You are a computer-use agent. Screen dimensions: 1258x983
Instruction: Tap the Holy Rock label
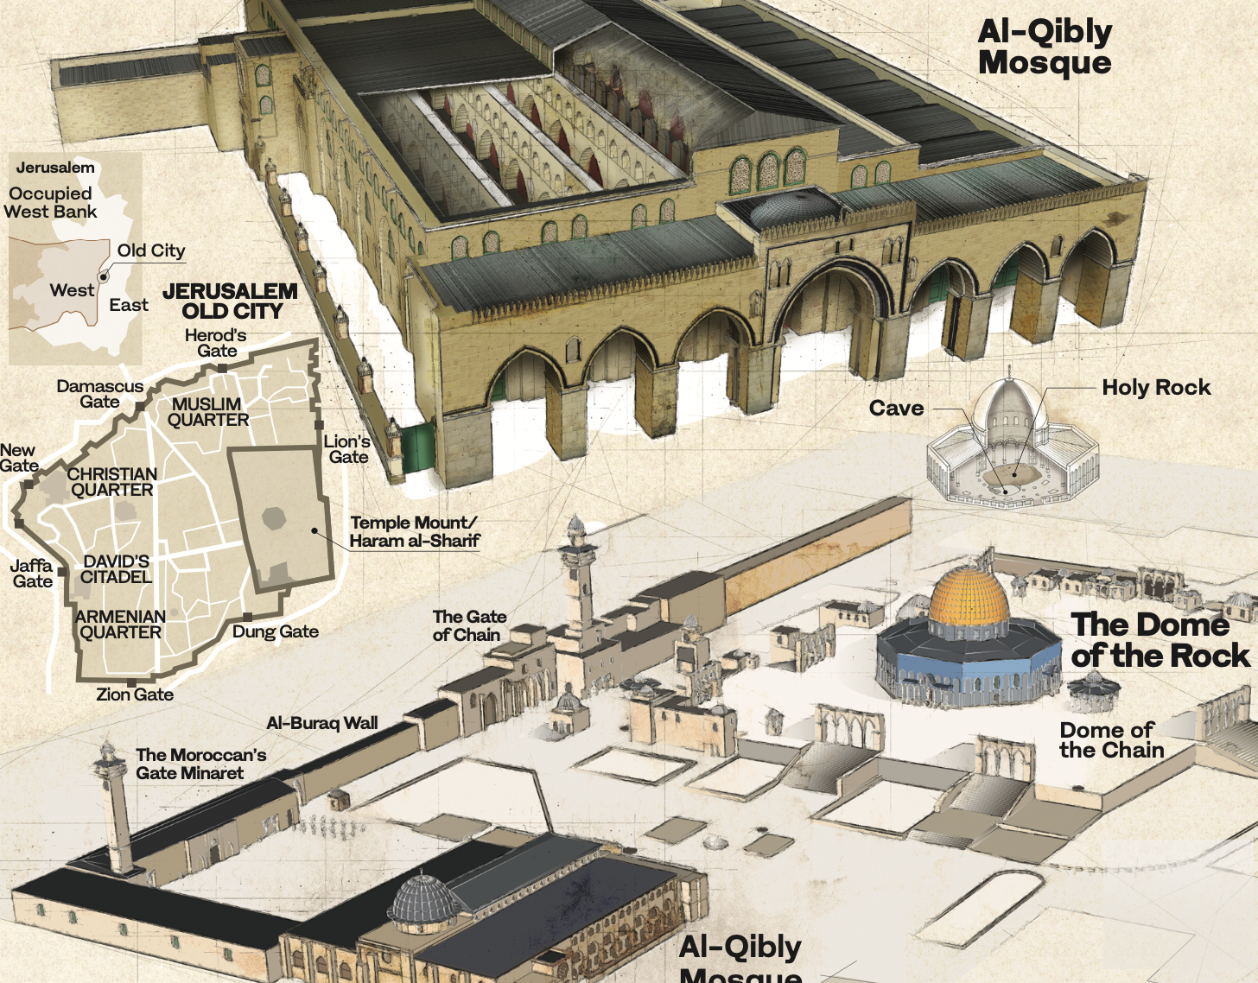click(x=1155, y=388)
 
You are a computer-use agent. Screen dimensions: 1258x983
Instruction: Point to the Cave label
click(x=896, y=409)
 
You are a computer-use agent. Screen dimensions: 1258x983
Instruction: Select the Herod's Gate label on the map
click(x=216, y=343)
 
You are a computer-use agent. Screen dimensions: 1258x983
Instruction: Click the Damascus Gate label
click(x=100, y=394)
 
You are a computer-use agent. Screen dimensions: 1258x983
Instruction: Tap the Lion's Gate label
click(x=347, y=449)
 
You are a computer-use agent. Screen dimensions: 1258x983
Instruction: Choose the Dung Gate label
click(x=276, y=631)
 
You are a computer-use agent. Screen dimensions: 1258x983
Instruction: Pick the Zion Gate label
click(x=135, y=694)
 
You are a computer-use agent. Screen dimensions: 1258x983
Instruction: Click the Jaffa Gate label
click(x=32, y=574)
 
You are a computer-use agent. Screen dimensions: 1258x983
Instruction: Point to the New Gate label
click(x=18, y=458)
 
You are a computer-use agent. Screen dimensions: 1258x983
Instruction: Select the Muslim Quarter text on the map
click(x=207, y=412)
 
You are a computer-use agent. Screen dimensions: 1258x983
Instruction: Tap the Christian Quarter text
click(x=112, y=482)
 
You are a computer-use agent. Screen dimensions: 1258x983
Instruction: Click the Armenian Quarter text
click(x=120, y=625)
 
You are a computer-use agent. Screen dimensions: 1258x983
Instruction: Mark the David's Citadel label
click(x=116, y=569)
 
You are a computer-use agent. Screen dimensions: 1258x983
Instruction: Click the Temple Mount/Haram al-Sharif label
click(x=414, y=532)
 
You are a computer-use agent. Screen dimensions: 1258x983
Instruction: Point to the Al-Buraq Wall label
click(x=322, y=723)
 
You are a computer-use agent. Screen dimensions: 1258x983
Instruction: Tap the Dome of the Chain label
click(x=1111, y=740)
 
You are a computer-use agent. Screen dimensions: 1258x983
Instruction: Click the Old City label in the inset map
click(x=151, y=251)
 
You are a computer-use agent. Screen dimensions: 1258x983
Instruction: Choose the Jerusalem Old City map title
click(x=231, y=301)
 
